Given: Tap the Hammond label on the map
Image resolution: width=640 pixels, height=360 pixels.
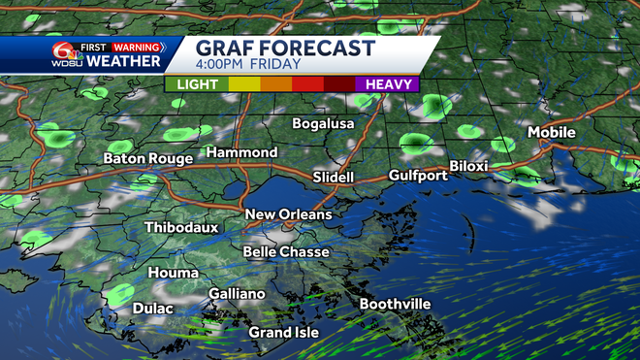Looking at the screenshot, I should pos(241,152).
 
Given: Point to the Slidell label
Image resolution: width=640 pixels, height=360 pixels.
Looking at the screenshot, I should pos(334,178).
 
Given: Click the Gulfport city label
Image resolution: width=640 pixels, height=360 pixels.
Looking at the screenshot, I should pos(417,176).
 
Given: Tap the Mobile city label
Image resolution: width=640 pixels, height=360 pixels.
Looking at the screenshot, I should pos(551,132).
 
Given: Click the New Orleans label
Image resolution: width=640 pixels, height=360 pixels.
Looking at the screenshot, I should pos(288,214).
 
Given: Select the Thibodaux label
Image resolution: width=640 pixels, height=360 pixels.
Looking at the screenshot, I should pos(181,227).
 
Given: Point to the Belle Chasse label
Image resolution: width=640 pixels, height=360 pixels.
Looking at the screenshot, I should pos(285,252).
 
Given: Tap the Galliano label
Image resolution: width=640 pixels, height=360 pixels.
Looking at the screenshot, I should pos(237,294).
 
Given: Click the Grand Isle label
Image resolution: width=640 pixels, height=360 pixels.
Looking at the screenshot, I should pos(284,333).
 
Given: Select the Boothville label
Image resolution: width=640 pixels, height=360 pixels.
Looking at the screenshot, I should pos(395,305).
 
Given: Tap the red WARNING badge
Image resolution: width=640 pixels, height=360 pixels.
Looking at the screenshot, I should pos(137,47).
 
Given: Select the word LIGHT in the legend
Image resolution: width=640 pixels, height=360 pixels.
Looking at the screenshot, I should pos(198,84).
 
